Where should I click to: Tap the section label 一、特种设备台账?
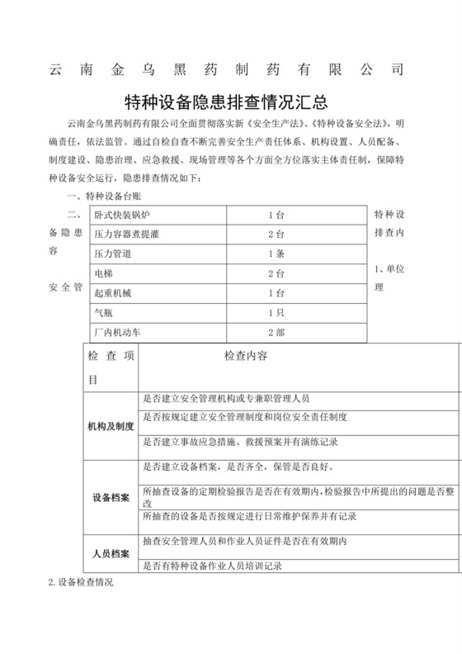(x=104, y=196)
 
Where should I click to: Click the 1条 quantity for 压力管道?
(x=276, y=254)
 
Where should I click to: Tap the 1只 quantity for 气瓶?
(x=276, y=313)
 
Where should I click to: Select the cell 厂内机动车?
(x=120, y=332)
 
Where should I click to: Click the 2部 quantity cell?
(x=276, y=332)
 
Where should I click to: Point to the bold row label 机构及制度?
(x=111, y=426)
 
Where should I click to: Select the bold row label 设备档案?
(x=111, y=498)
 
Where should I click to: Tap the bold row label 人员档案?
(x=111, y=553)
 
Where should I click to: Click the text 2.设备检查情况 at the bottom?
(x=80, y=582)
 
